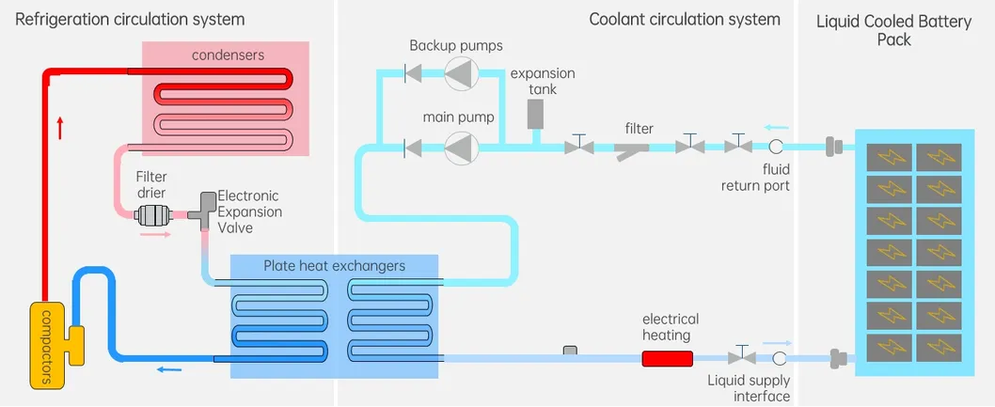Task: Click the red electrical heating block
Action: (x=667, y=358)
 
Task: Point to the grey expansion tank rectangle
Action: (x=535, y=114)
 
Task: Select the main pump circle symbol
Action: (x=461, y=147)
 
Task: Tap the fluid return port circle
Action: (x=777, y=147)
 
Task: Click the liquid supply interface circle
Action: (x=779, y=358)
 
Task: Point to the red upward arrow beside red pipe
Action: (x=61, y=128)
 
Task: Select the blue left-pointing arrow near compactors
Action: (x=169, y=369)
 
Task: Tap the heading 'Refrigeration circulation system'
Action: (x=131, y=19)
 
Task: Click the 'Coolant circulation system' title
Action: (x=685, y=19)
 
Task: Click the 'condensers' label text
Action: (x=229, y=55)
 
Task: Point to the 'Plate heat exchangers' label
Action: (x=335, y=266)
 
